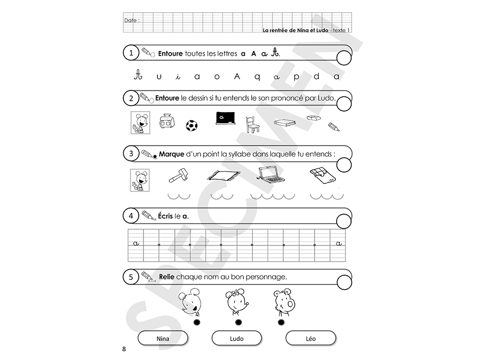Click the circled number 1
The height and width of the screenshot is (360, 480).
131,53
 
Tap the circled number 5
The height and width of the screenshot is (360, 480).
131,277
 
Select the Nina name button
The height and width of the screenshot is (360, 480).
163,338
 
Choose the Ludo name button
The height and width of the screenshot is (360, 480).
237,338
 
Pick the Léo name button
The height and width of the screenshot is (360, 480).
311,338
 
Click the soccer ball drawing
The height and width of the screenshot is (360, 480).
192,126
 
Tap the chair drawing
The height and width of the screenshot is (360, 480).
253,125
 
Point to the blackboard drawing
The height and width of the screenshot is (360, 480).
225,118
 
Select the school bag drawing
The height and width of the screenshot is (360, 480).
167,121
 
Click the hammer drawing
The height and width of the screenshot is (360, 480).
179,175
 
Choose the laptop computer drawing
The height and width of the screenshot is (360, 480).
270,175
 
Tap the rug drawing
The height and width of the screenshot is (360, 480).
224,175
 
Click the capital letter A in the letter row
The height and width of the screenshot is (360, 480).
237,76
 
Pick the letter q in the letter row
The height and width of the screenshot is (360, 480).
257,77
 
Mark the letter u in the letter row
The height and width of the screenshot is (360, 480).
158,76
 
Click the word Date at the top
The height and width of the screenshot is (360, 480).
130,21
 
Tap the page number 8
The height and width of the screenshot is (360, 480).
124,349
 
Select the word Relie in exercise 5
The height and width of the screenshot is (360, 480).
166,277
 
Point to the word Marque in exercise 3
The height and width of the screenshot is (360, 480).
172,154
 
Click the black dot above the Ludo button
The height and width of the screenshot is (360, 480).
239,322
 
